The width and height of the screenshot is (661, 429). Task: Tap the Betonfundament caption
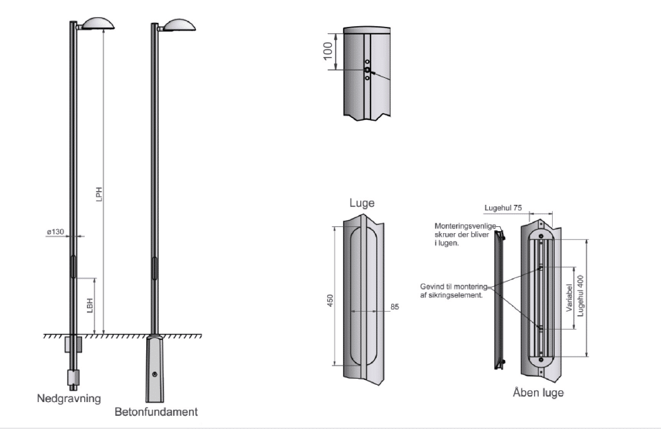coord(156,412)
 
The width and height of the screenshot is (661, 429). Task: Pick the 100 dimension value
coord(328,50)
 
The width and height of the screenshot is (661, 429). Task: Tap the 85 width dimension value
coord(395,308)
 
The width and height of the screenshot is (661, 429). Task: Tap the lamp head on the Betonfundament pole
coord(178,23)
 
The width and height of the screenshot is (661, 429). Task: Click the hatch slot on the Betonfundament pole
coord(154,267)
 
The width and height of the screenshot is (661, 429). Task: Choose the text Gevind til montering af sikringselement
coord(453,290)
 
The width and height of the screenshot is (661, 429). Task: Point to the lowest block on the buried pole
coord(73,378)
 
